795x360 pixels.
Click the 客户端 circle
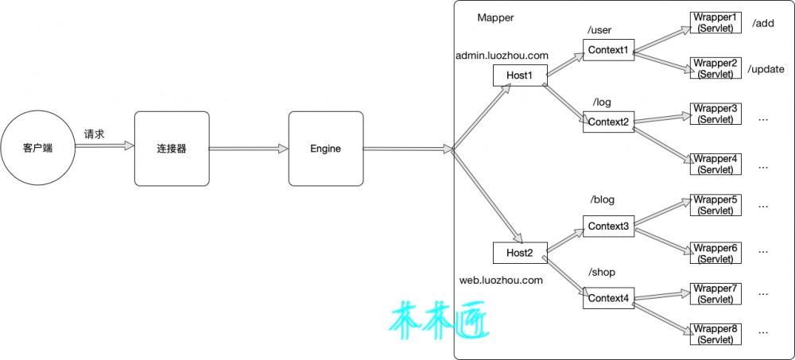37,149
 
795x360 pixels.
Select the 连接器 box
172,149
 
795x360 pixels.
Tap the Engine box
326,149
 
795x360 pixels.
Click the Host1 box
520,75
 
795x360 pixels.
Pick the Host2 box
520,253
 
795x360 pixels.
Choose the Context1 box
608,50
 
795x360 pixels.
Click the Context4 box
608,298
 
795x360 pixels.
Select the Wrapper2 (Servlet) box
715,68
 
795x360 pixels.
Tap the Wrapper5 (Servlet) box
715,204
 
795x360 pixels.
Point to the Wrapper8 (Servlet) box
715,334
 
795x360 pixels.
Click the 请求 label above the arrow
94,134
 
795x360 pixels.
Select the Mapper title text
495,17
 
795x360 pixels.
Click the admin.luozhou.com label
502,56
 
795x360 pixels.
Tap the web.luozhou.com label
501,280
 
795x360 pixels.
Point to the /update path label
766,69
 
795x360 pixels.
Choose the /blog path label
602,199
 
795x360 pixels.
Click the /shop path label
601,273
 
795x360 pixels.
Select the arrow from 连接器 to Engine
249,149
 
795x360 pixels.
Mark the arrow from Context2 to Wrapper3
663,119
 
